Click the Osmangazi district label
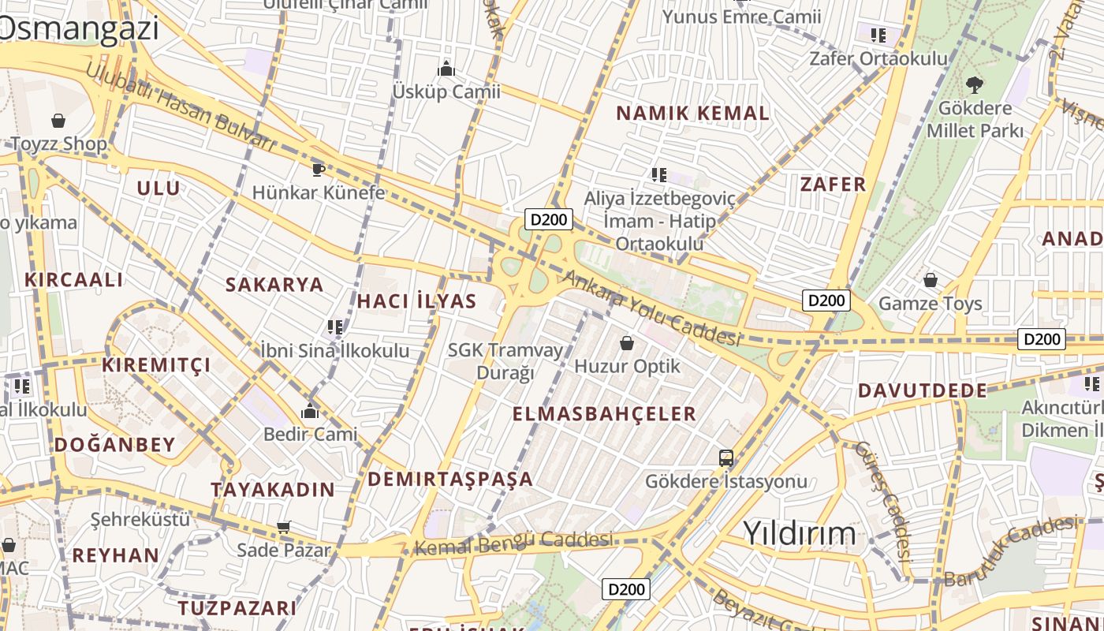pyautogui.click(x=79, y=28)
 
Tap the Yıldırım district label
pyautogui.click(x=799, y=533)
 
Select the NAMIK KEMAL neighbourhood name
pyautogui.click(x=692, y=113)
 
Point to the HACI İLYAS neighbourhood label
pyautogui.click(x=416, y=301)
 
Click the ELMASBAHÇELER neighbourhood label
pyautogui.click(x=604, y=413)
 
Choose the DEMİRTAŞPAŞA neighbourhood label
pyautogui.click(x=450, y=479)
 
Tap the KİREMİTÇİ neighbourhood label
pyautogui.click(x=156, y=364)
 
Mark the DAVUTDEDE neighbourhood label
pyautogui.click(x=922, y=390)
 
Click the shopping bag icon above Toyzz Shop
pyautogui.click(x=58, y=121)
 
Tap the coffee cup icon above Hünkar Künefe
pyautogui.click(x=318, y=169)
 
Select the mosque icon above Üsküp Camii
pyautogui.click(x=446, y=69)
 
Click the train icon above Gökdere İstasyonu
pyautogui.click(x=725, y=457)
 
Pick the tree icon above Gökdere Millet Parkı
pyautogui.click(x=975, y=84)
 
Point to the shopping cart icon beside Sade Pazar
pyautogui.click(x=284, y=527)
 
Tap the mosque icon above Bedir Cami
pyautogui.click(x=310, y=411)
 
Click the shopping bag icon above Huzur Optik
pyautogui.click(x=627, y=343)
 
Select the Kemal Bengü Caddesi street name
pyautogui.click(x=513, y=543)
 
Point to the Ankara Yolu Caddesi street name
pyautogui.click(x=651, y=309)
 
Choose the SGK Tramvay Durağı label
pyautogui.click(x=505, y=360)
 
